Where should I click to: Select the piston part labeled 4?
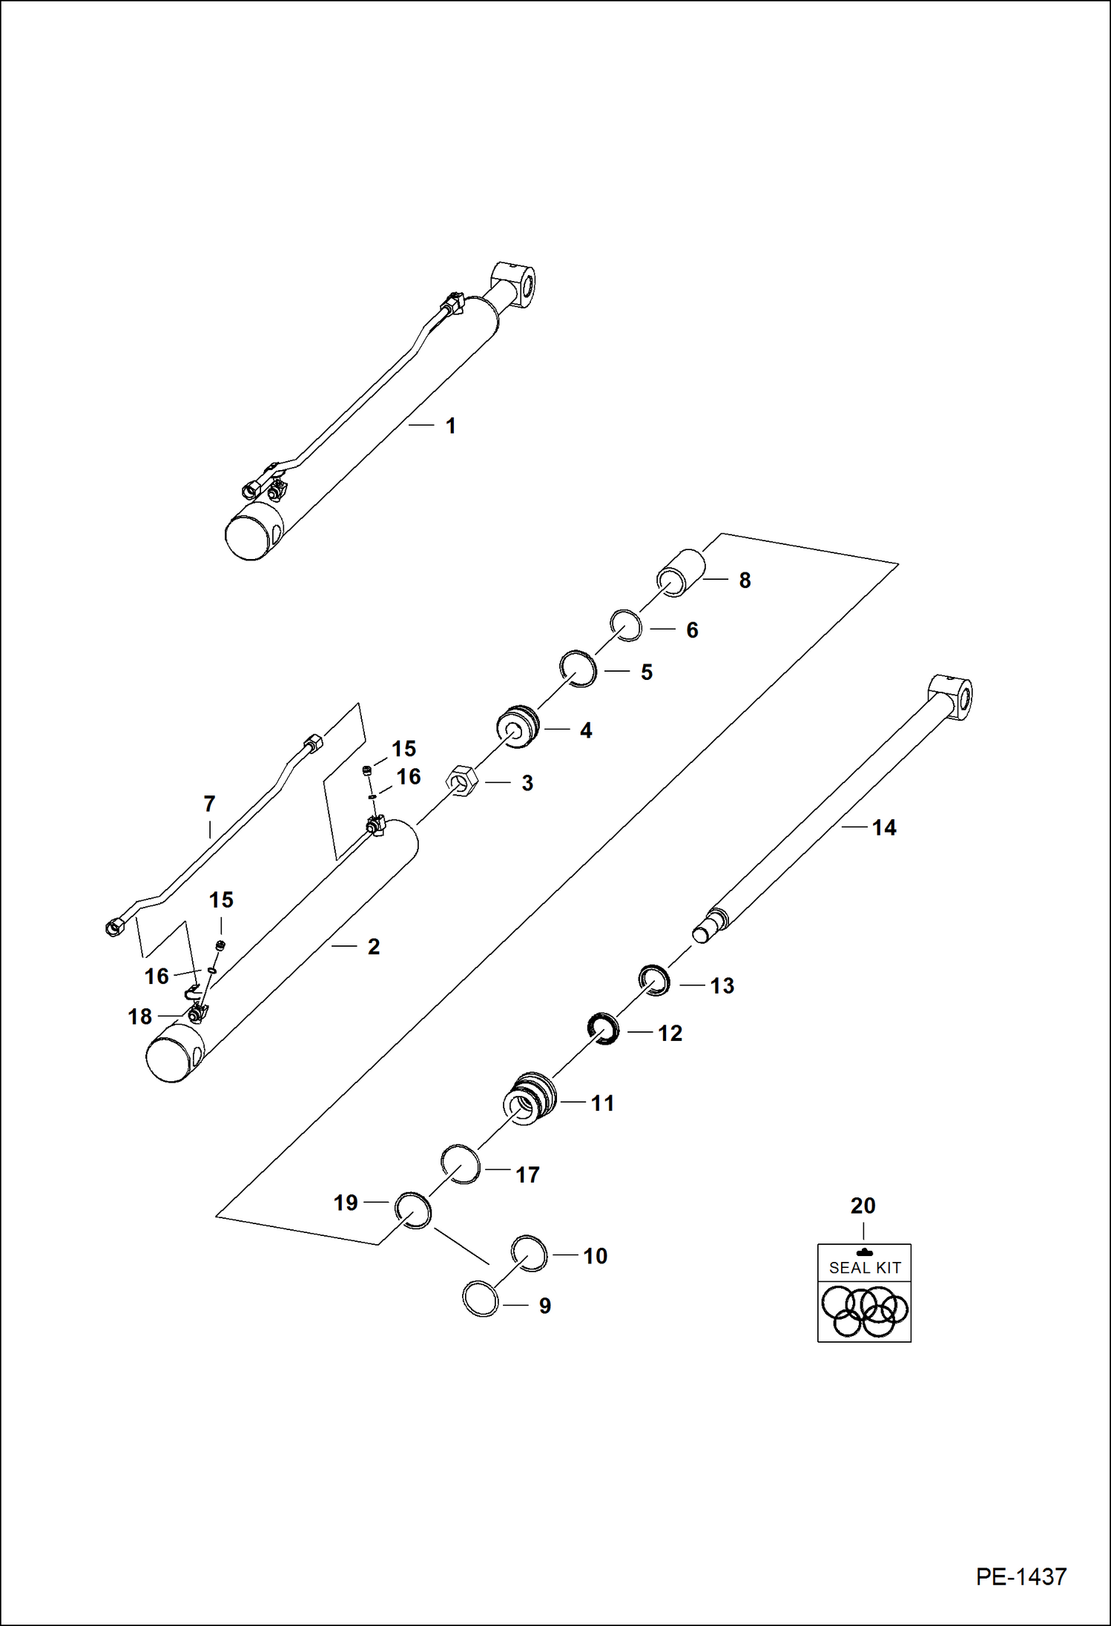coord(517,727)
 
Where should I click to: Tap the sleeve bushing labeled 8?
coord(681,573)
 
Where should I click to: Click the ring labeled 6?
coord(627,626)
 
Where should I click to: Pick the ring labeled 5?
coord(578,668)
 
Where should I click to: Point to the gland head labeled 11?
coord(529,1099)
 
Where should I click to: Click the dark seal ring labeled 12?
coord(604,1028)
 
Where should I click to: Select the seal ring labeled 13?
coord(656,980)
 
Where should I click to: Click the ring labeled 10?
coord(530,1253)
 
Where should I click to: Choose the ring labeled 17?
coord(461,1164)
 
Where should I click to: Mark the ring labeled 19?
coord(412,1210)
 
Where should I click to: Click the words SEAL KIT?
coord(865,1268)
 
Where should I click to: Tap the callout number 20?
coord(863,1206)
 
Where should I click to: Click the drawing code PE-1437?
coord(1021,1576)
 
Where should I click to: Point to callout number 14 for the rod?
coord(883,827)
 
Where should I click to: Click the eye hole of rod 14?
coord(965,699)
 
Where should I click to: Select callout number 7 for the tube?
coord(209,804)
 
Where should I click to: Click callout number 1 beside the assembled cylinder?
coord(450,426)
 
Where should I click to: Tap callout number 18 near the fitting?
coord(139,1017)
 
